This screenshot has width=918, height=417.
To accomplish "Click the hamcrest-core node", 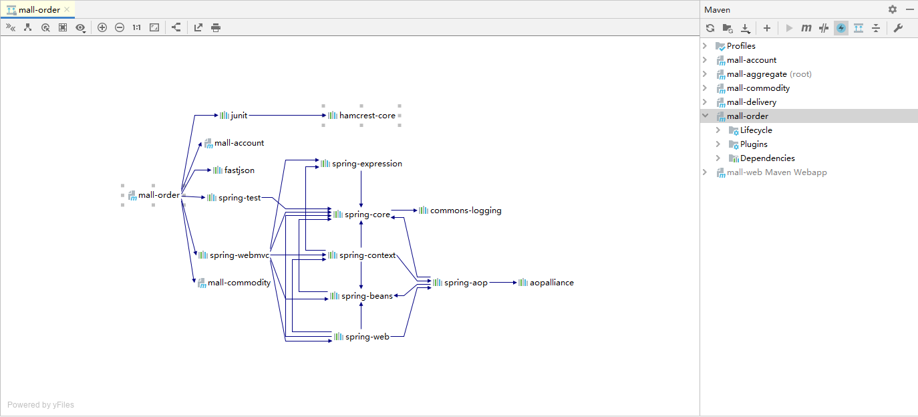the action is pos(362,116).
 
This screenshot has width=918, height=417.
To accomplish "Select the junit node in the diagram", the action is pos(234,116).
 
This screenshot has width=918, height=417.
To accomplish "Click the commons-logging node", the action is pos(460,211).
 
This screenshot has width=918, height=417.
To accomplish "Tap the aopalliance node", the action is pos(547,283).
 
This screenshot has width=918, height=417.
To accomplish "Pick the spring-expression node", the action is pos(361,164).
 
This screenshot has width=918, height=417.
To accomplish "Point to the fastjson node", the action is pos(234,170).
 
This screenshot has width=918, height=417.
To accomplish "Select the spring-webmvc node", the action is pos(234,255).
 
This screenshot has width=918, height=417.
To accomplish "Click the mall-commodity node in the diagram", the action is pos(235,283).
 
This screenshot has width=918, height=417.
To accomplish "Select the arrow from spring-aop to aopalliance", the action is pos(503,283).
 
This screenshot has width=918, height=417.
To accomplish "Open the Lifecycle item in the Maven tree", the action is pos(756,130).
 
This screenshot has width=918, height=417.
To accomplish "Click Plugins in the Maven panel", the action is pos(754,144).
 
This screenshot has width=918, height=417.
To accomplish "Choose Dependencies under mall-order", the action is pos(767,158).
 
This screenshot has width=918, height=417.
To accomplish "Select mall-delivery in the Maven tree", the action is pos(752,102).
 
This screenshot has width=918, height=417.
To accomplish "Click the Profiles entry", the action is pos(741,46).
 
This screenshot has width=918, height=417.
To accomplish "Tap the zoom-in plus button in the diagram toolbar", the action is pos(102,27).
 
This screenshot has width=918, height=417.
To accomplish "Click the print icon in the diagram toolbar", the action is pos(216,27).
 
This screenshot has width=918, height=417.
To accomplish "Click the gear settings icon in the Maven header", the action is pos(893,9).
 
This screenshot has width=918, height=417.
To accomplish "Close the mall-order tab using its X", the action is pos(67,9).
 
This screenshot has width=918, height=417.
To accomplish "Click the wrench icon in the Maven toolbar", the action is pos(898,28).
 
